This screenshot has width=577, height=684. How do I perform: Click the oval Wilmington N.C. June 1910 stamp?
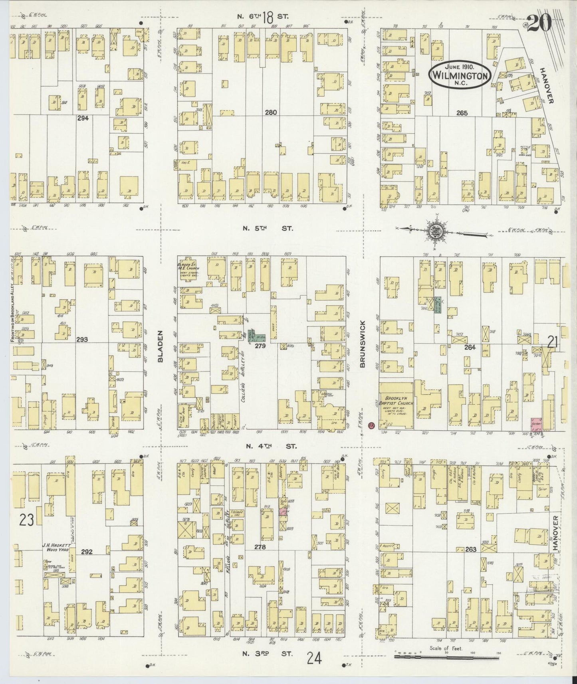pyautogui.click(x=460, y=73)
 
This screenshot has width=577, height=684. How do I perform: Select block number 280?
pyautogui.click(x=270, y=113)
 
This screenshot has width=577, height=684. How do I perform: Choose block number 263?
pyautogui.click(x=470, y=550)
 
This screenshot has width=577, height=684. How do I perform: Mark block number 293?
pyautogui.click(x=82, y=339)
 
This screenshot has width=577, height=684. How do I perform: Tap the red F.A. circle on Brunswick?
pyautogui.click(x=371, y=425)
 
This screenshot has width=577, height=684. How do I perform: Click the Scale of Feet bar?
pyautogui.click(x=446, y=656)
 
